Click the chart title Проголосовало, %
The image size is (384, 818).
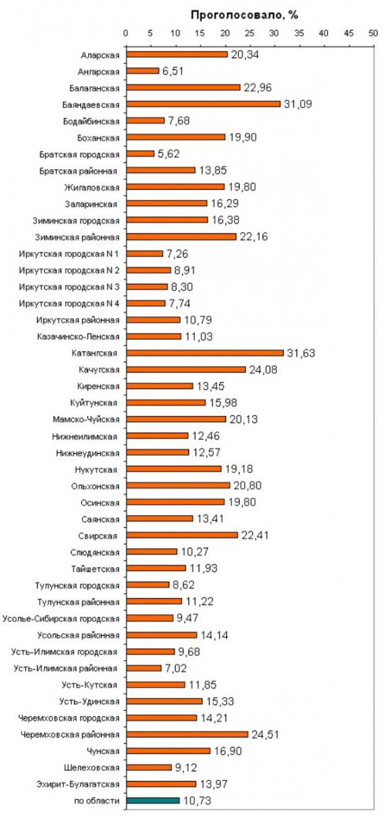[244, 15]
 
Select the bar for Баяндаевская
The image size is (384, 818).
[203, 104]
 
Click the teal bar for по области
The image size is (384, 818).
[152, 800]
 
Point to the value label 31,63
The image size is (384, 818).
[302, 354]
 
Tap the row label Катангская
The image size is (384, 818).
[95, 354]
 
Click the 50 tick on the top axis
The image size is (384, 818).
[373, 33]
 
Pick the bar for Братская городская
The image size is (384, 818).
[140, 154]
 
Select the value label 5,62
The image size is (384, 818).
[169, 154]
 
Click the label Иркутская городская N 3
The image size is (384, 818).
[69, 287]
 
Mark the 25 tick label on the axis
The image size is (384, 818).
[249, 33]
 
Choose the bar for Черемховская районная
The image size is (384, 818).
[187, 733]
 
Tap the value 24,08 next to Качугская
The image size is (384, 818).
[264, 370]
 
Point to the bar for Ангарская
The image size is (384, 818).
[142, 70]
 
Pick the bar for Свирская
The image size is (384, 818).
[181, 535]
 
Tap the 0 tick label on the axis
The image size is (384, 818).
[126, 33]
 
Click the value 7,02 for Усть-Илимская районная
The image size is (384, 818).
[176, 668]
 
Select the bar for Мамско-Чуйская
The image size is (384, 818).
[176, 419]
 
